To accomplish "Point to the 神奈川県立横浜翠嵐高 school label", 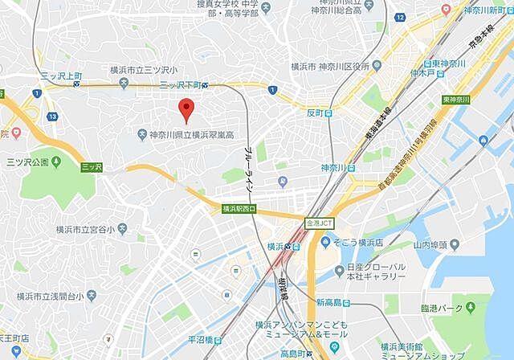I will pyautogui.click(x=190, y=134).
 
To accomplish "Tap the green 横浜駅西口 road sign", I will pyautogui.click(x=239, y=209).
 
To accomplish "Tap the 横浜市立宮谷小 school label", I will pyautogui.click(x=91, y=230).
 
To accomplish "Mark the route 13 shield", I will pyautogui.click(x=52, y=117).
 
